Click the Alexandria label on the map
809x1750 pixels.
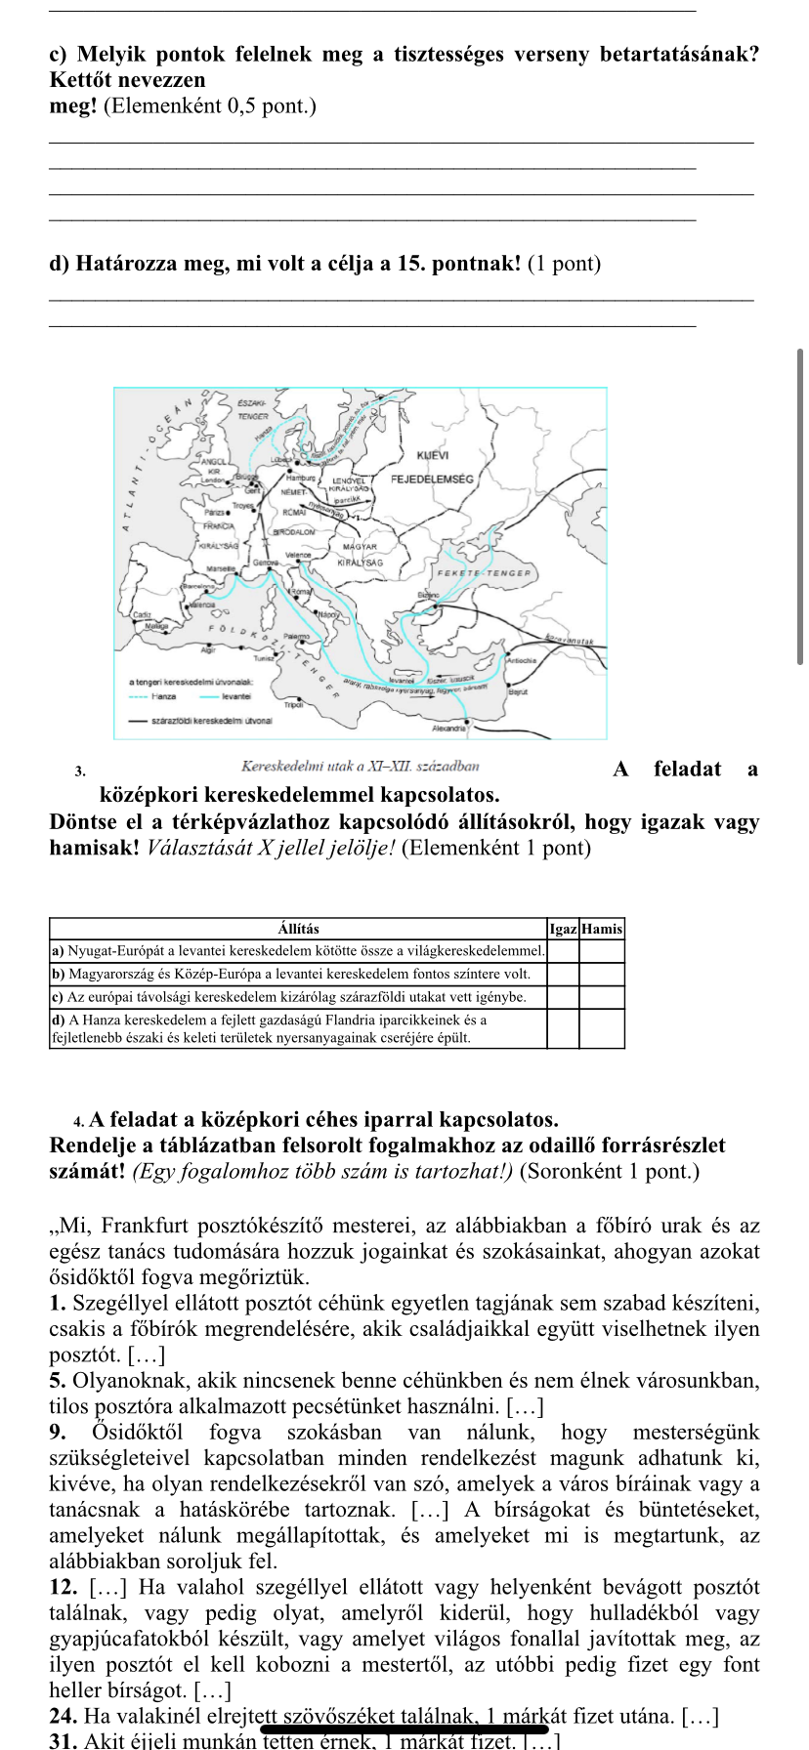click(448, 729)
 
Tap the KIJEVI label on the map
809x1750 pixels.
click(432, 456)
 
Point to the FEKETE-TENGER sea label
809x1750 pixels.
click(486, 573)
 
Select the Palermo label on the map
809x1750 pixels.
click(295, 636)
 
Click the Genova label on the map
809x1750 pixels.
click(265, 563)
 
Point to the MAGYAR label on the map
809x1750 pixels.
click(360, 548)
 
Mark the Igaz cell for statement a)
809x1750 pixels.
click(563, 950)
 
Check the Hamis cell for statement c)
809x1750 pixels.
click(602, 997)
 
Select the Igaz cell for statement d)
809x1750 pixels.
click(563, 1028)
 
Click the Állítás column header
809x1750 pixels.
click(298, 929)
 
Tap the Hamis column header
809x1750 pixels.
click(602, 929)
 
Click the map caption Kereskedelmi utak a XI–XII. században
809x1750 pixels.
click(360, 767)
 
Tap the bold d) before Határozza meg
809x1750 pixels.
click(60, 264)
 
